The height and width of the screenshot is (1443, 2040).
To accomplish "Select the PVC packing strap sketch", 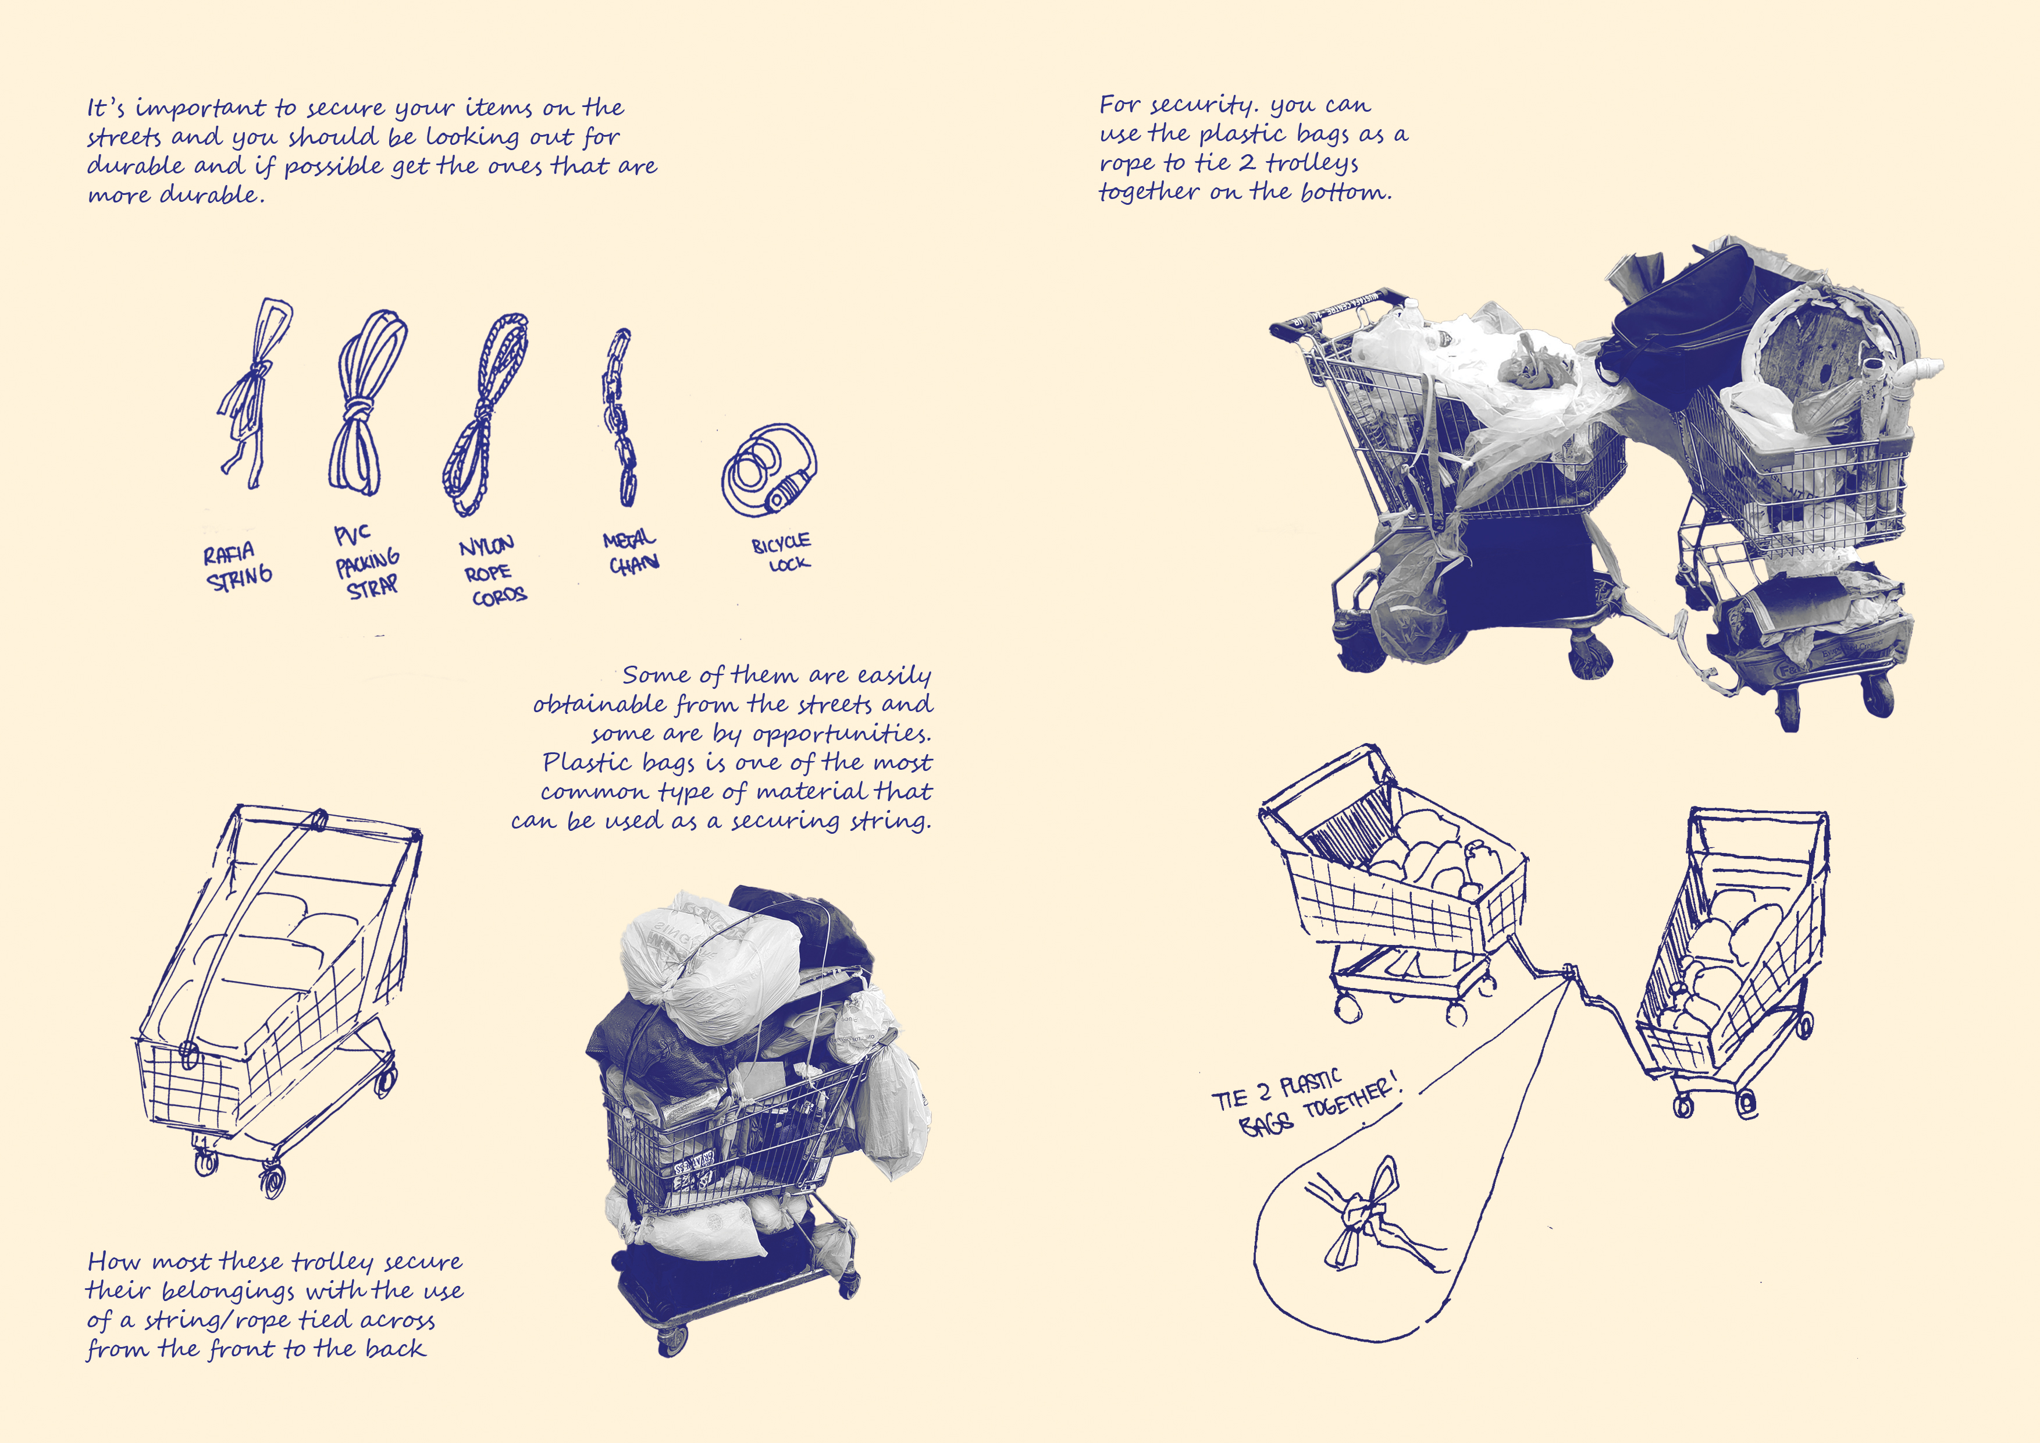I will pyautogui.click(x=366, y=404).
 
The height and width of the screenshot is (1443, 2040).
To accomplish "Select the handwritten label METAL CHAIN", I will pyautogui.click(x=631, y=551).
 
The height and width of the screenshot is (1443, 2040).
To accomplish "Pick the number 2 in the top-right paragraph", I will pyautogui.click(x=1247, y=162).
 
